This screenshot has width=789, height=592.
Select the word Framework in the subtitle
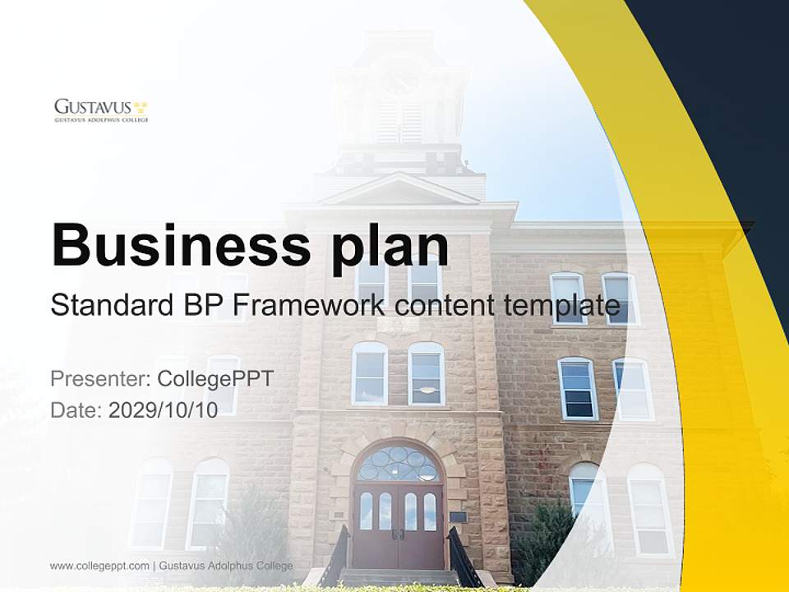click(x=310, y=305)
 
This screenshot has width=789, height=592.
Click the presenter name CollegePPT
click(x=215, y=379)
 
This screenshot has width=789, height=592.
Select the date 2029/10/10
click(x=163, y=410)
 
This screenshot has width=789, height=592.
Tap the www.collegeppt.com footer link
click(x=99, y=566)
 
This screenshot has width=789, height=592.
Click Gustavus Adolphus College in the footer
click(x=226, y=566)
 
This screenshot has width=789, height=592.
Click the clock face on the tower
click(x=400, y=80)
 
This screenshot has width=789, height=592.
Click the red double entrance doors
click(x=399, y=526)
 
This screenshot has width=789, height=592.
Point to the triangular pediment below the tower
click(x=399, y=191)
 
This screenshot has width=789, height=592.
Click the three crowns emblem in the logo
click(x=141, y=106)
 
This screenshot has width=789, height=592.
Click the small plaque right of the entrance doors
click(x=459, y=516)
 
